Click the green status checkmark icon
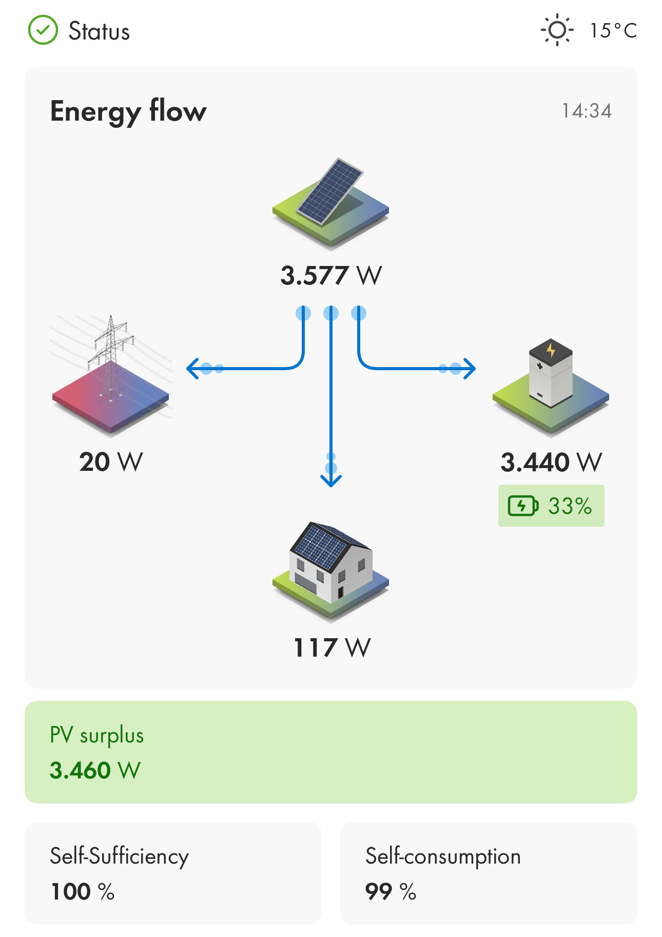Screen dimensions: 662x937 pos(43,30)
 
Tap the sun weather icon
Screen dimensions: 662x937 pos(557,30)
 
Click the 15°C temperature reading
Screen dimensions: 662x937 pos(613,31)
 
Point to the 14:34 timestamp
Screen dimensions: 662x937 pos(587,111)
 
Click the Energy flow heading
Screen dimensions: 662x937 pos(128,112)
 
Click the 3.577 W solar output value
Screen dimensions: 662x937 pos(331,276)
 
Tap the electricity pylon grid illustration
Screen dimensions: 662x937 pos(110,375)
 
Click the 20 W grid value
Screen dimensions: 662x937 pos(111,462)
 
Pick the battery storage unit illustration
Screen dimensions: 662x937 pos(551,388)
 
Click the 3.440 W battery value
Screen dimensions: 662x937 pos(551,462)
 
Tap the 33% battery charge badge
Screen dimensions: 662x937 pos(551,506)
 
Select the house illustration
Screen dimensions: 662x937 pos(330,571)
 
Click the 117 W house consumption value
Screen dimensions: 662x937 pos(332,648)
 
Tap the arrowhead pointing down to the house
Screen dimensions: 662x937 pos(331,481)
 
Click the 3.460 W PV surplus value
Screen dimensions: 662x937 pos(95,770)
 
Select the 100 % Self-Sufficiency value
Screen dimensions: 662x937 pos(83,891)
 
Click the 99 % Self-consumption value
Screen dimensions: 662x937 pos(391,891)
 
